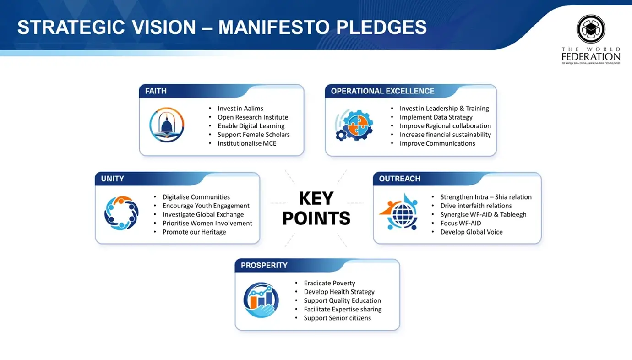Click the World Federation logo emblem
591,29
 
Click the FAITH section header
156,91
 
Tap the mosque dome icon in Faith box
167,125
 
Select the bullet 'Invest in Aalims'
240,109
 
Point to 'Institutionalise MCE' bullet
247,143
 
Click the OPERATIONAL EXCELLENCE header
382,91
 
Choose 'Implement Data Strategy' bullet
436,117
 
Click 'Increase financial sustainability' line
445,135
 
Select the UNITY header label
112,179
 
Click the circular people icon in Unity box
121,213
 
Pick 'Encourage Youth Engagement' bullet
206,206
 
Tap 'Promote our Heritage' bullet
194,232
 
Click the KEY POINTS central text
316,208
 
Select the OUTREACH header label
399,179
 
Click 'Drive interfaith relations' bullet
476,206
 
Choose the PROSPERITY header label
264,265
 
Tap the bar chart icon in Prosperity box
261,300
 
